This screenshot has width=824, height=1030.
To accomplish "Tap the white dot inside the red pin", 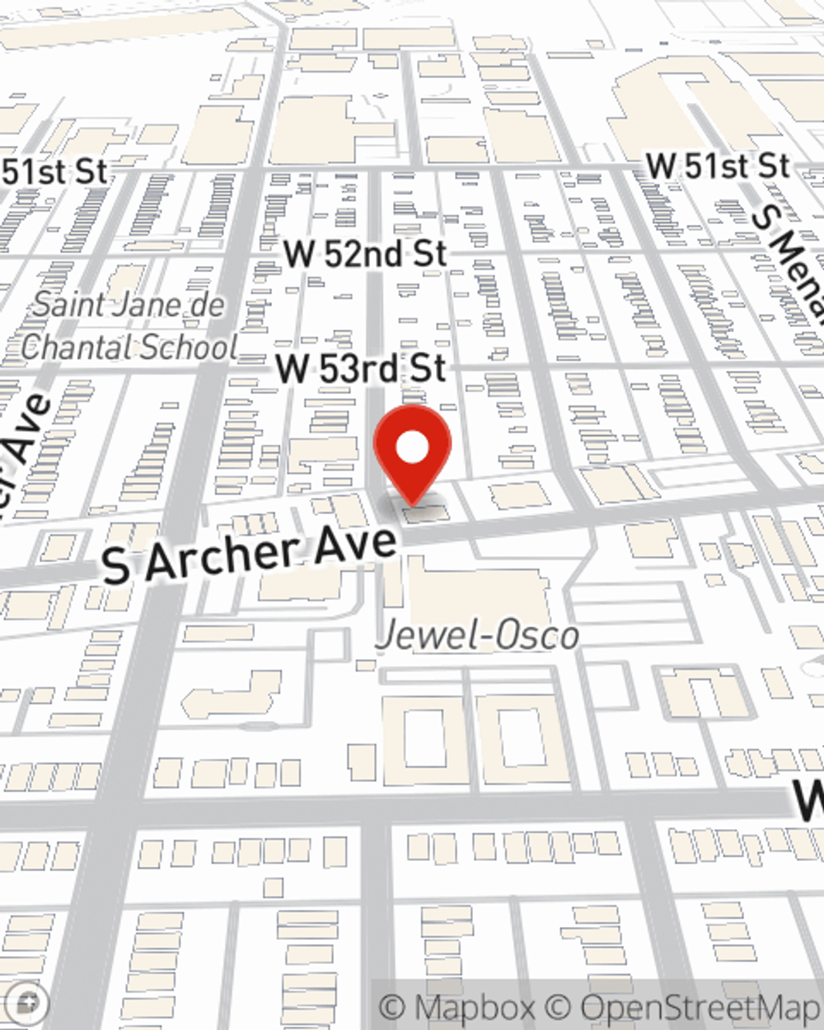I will [x=412, y=448].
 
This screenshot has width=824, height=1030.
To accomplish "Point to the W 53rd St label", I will [x=360, y=368].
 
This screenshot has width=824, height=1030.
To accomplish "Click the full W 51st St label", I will [x=718, y=166].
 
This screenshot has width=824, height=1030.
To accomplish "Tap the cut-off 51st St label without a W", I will [x=54, y=172].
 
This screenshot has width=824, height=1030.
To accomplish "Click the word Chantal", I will [x=73, y=347].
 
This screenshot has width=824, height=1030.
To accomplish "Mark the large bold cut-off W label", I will [x=809, y=801].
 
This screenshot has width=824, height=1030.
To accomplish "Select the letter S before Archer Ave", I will [x=116, y=568].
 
